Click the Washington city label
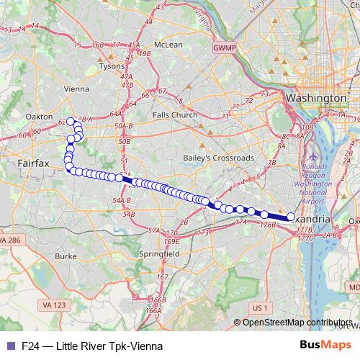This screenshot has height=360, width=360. click(317, 97)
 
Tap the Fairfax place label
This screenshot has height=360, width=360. click(34, 164)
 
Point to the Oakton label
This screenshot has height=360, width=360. click(40, 115)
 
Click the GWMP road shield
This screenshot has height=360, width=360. click(223, 48)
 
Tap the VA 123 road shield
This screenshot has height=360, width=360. click(55, 305)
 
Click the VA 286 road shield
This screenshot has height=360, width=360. click(11, 239)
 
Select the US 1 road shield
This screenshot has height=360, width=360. click(260, 307)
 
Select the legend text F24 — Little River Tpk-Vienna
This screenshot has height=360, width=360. click(91, 346)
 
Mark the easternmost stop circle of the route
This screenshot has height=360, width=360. click(291, 216)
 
